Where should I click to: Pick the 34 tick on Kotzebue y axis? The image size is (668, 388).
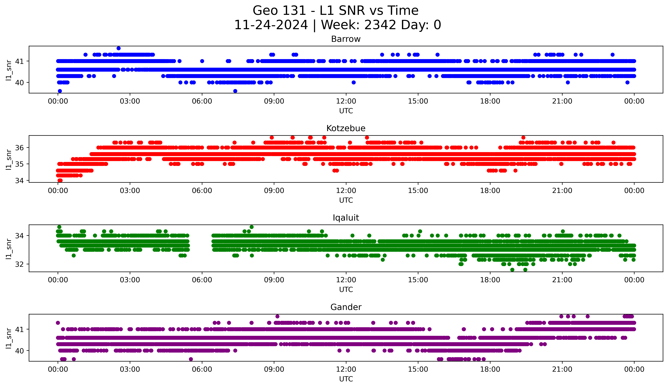[19, 181]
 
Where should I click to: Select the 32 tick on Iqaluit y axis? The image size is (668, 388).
[19, 264]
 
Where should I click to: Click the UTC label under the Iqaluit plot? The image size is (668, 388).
[346, 290]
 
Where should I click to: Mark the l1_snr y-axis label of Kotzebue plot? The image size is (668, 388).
[9, 159]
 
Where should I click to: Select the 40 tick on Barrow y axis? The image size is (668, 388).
[19, 83]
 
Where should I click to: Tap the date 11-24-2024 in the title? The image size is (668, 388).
[271, 25]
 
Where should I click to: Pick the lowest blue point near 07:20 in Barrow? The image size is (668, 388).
[235, 91]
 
